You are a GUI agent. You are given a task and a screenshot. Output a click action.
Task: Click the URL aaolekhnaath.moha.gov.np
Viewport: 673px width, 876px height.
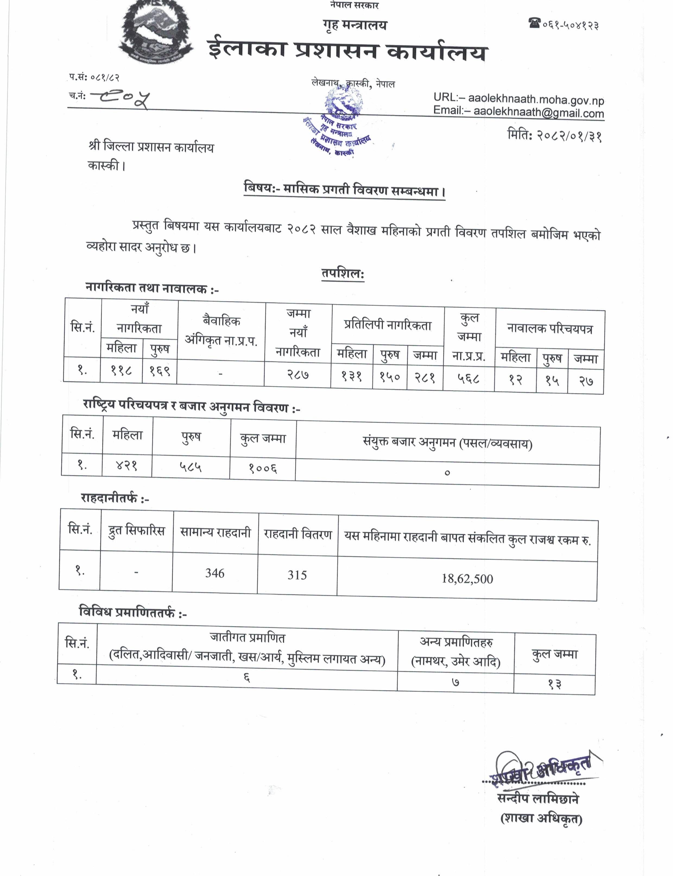(536, 99)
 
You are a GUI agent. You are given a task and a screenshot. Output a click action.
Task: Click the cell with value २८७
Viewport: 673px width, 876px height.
(298, 374)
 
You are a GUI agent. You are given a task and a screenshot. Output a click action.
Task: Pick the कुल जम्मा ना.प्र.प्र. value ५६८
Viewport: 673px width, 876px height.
(468, 378)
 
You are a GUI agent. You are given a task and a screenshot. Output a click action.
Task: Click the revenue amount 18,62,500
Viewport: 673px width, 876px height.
(467, 578)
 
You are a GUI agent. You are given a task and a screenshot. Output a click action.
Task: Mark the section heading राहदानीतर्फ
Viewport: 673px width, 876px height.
(115, 498)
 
